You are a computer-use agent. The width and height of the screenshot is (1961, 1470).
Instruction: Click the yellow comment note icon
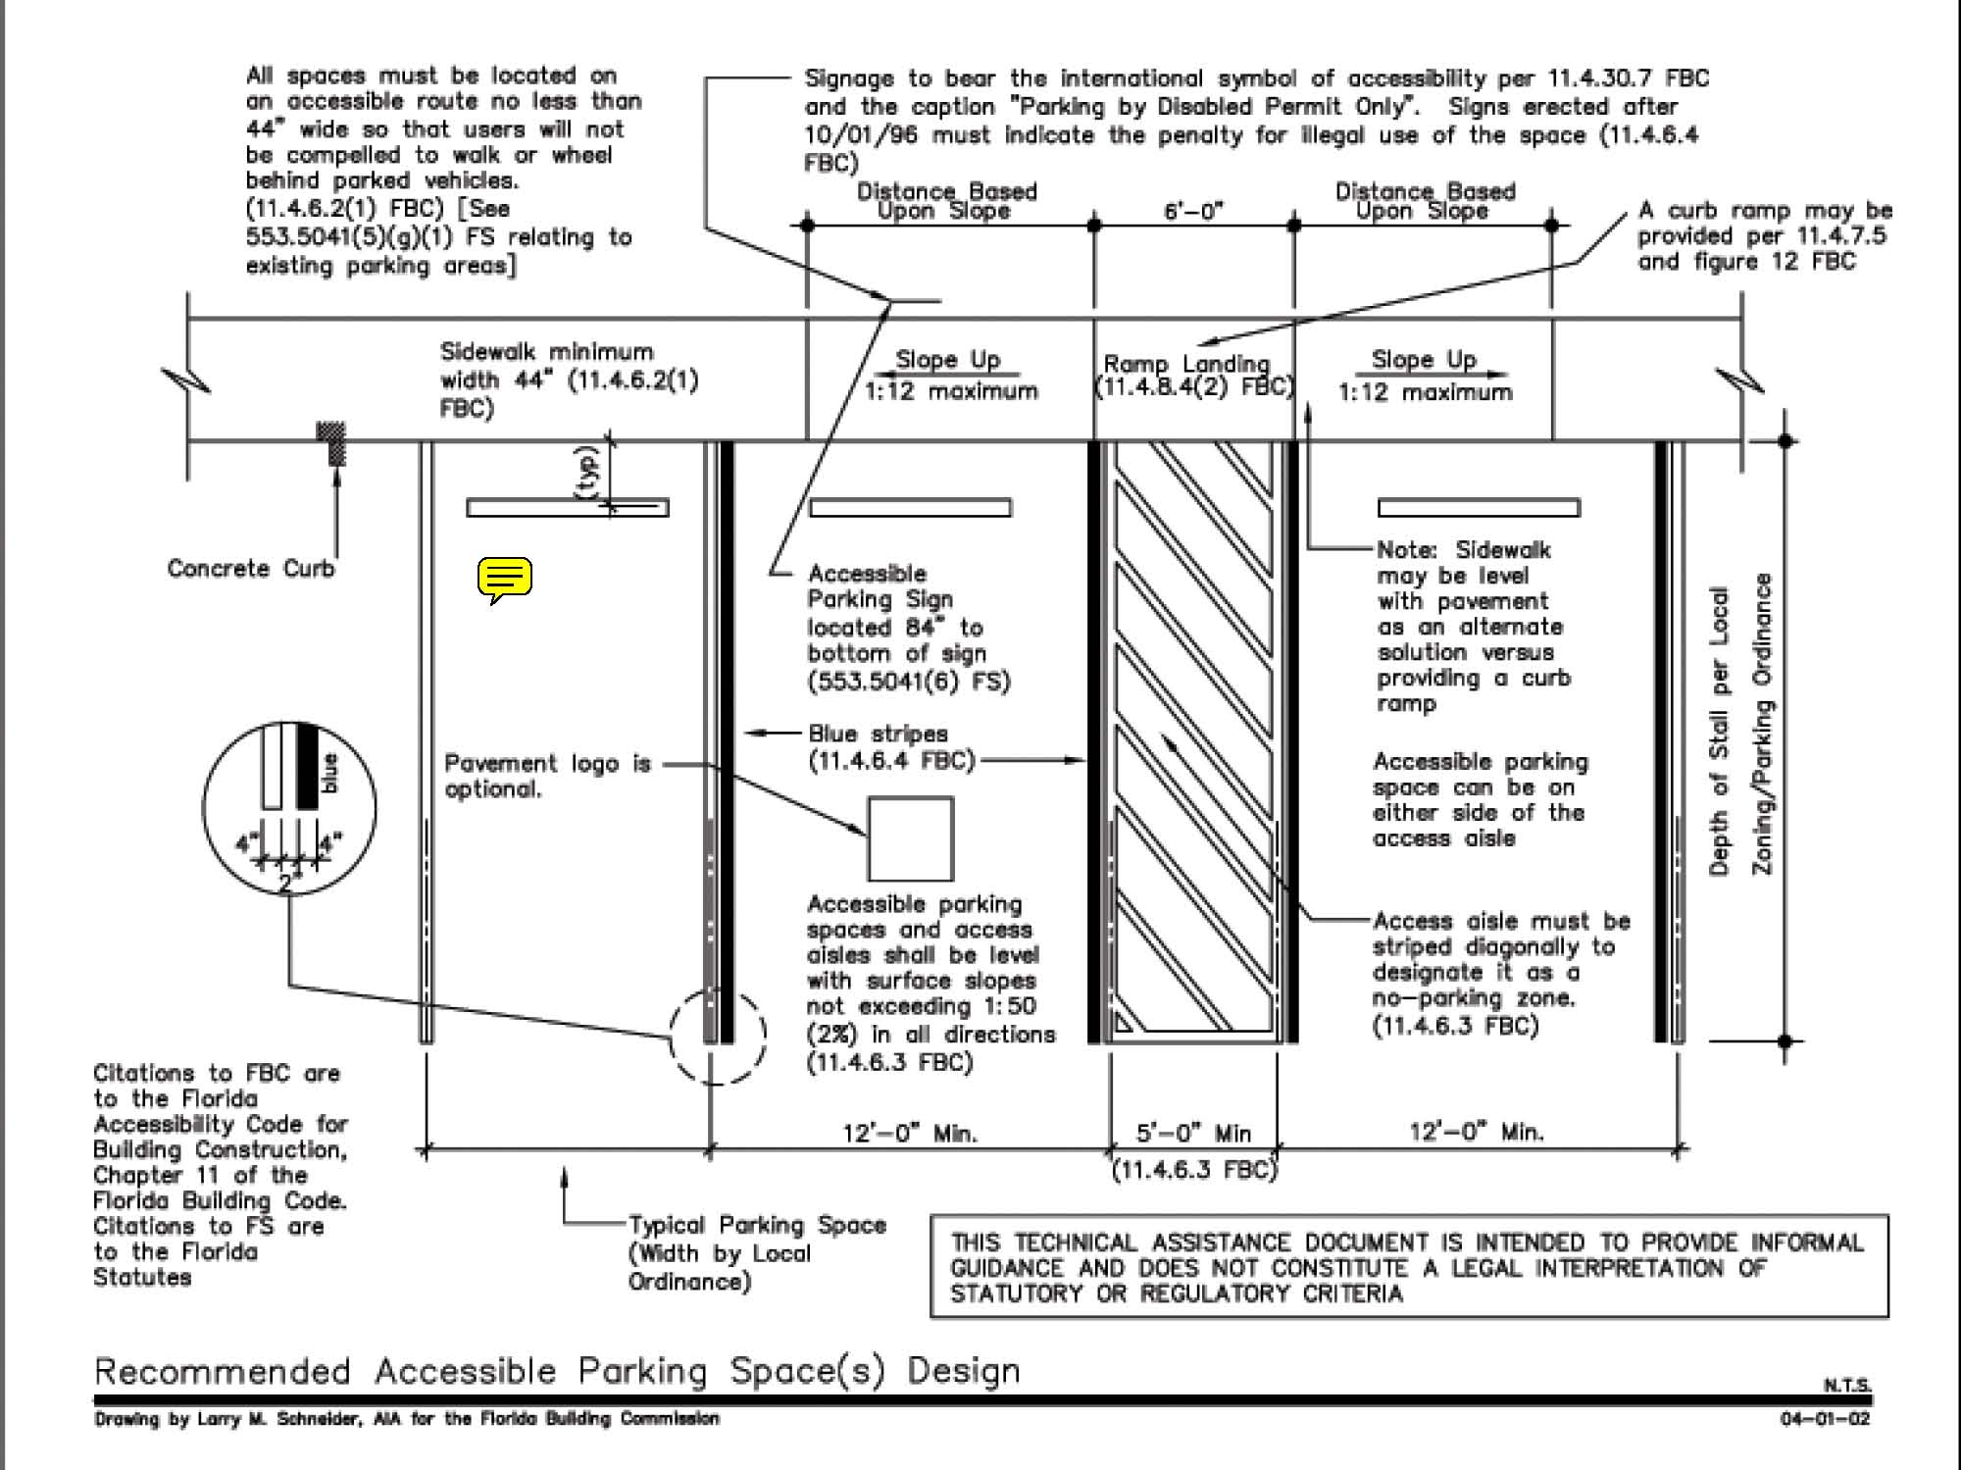tap(505, 580)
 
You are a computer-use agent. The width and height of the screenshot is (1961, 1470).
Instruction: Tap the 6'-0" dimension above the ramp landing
tap(1193, 211)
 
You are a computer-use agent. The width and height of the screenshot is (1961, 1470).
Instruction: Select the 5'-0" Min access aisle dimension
tap(1193, 1134)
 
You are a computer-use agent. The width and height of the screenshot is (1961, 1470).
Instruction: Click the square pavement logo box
tap(910, 838)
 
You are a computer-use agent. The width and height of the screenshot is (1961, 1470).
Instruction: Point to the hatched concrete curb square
tap(331, 442)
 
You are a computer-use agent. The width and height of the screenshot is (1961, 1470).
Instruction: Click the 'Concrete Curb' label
tap(251, 569)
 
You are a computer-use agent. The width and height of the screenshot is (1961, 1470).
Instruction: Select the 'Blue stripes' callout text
tap(878, 734)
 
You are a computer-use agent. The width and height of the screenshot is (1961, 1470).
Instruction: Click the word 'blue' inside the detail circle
tap(329, 773)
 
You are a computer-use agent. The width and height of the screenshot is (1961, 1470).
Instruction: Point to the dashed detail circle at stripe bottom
tap(717, 1038)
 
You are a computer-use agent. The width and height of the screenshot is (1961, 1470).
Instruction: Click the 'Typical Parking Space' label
tap(757, 1225)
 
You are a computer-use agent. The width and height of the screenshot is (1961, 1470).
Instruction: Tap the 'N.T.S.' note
tap(1846, 1385)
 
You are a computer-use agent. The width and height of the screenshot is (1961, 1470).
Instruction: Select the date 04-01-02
tap(1825, 1419)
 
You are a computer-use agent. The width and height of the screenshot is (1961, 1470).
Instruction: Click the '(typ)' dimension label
tap(587, 475)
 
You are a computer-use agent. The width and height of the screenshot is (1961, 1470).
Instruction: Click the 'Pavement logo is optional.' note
tap(547, 776)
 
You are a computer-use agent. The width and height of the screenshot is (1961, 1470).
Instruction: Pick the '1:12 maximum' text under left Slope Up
tap(950, 391)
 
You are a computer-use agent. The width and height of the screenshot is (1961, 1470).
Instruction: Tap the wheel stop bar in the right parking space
tap(1479, 507)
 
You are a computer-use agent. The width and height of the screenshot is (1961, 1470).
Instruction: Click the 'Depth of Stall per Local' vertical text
tap(1718, 731)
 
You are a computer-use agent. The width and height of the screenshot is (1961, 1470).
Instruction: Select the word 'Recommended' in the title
tap(223, 1370)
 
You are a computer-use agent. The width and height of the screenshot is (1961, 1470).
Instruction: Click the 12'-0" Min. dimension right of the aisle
tap(1477, 1133)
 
